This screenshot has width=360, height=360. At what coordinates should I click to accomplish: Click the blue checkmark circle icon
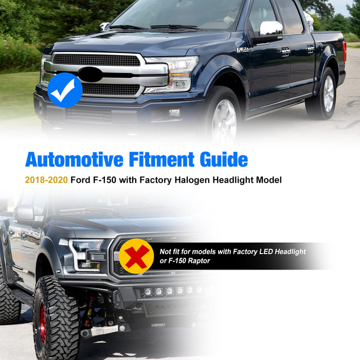click(65, 90)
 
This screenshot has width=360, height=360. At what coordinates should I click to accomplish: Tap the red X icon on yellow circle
click(136, 256)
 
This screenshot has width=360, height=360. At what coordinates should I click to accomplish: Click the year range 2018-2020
click(46, 181)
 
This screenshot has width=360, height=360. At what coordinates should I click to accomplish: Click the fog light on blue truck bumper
click(174, 112)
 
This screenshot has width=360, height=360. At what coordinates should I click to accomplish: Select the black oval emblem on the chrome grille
click(91, 75)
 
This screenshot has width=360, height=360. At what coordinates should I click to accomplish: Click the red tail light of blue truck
click(344, 51)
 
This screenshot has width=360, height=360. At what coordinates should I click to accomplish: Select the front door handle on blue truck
click(285, 51)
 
